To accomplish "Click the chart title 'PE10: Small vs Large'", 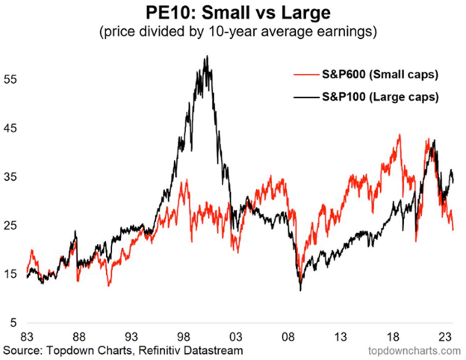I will (x=233, y=13).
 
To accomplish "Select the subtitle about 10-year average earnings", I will (x=233, y=32).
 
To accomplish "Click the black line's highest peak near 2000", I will (x=207, y=56).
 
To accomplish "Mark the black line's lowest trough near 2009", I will (x=300, y=290).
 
